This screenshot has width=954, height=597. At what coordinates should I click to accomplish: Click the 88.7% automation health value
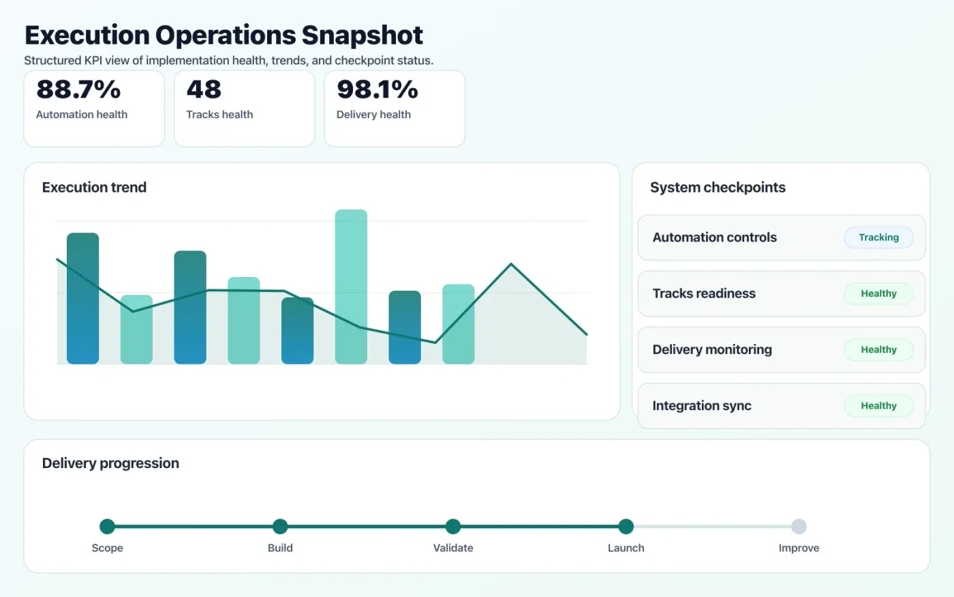click(78, 89)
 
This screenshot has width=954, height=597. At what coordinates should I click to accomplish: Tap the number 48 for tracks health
click(204, 89)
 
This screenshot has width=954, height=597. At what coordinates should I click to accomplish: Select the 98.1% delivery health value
click(377, 89)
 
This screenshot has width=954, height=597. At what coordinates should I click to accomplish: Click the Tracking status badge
click(878, 237)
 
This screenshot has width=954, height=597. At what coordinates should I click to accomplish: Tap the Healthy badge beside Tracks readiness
click(878, 293)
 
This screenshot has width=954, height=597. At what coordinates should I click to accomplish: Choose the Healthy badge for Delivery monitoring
click(878, 349)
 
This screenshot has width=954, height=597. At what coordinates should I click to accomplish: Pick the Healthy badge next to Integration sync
click(878, 405)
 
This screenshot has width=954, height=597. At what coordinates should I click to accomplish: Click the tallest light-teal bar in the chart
click(351, 287)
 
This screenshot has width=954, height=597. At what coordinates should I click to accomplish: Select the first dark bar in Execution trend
click(82, 298)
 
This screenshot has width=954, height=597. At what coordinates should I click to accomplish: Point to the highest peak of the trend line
click(511, 264)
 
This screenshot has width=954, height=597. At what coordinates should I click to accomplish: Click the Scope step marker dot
click(107, 526)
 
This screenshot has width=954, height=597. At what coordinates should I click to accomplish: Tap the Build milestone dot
click(280, 526)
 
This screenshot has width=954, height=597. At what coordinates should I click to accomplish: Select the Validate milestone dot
click(453, 526)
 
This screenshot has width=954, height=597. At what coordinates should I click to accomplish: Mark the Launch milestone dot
click(626, 526)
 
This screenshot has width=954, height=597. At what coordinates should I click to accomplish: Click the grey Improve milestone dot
click(799, 526)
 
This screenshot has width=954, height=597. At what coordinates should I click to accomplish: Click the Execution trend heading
click(94, 188)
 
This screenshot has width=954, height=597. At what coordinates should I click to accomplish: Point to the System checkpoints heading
click(718, 188)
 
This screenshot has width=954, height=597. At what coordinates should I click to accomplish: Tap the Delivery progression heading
click(110, 463)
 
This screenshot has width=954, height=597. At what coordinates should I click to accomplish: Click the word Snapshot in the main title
click(362, 35)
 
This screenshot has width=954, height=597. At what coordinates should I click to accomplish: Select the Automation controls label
click(714, 237)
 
